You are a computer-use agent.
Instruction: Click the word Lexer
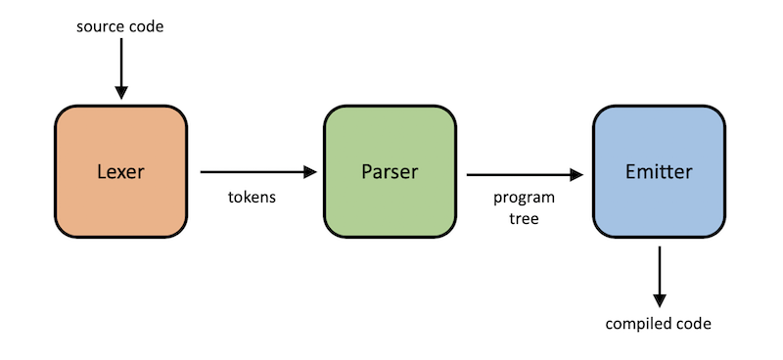click(120, 172)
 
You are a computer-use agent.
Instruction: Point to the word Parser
click(389, 172)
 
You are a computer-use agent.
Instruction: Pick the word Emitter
click(659, 172)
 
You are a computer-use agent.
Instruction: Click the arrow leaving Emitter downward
click(659, 274)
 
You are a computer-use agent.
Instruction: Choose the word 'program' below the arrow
click(518, 198)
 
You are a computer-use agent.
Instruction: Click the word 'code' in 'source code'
click(146, 25)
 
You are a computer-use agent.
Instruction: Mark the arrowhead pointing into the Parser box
click(311, 172)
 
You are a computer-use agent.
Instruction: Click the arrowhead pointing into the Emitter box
click(576, 176)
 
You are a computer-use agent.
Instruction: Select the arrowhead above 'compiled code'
click(659, 300)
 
